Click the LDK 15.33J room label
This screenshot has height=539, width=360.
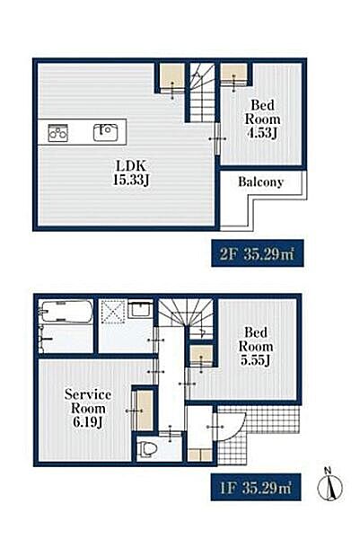[x=131, y=172]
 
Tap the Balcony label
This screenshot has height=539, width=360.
[x=260, y=181]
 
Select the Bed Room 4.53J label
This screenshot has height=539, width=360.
[x=262, y=119]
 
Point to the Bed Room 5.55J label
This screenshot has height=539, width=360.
[x=256, y=346]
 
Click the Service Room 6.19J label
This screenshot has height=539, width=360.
[x=88, y=409]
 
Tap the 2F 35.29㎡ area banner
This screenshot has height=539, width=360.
[x=258, y=253]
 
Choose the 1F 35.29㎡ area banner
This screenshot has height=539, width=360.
[x=256, y=487]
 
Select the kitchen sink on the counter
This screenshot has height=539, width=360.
[x=106, y=133]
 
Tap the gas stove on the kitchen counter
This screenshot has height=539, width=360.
[x=57, y=133]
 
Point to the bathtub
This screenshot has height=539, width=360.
[x=66, y=311]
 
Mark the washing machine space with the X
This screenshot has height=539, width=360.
[x=114, y=312]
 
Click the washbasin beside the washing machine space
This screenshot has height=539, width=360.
[x=140, y=309]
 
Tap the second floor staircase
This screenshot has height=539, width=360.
[x=202, y=93]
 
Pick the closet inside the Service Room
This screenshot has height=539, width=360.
[x=145, y=411]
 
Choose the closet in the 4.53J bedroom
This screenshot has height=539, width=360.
[x=233, y=73]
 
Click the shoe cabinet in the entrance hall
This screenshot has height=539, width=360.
[x=199, y=455]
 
